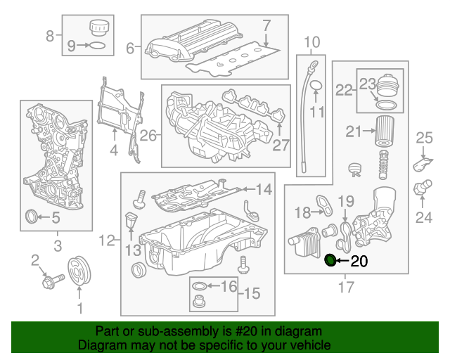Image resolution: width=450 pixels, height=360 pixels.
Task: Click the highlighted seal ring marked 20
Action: point(329,262)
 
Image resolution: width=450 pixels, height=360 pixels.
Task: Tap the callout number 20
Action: point(359,263)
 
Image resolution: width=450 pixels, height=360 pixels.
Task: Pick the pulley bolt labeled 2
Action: point(51,281)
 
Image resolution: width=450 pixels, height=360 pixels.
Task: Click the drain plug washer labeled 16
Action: point(199,286)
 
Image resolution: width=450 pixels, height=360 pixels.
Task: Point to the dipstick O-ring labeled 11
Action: point(316,86)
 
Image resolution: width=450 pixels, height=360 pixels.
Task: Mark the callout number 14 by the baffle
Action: point(262,189)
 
